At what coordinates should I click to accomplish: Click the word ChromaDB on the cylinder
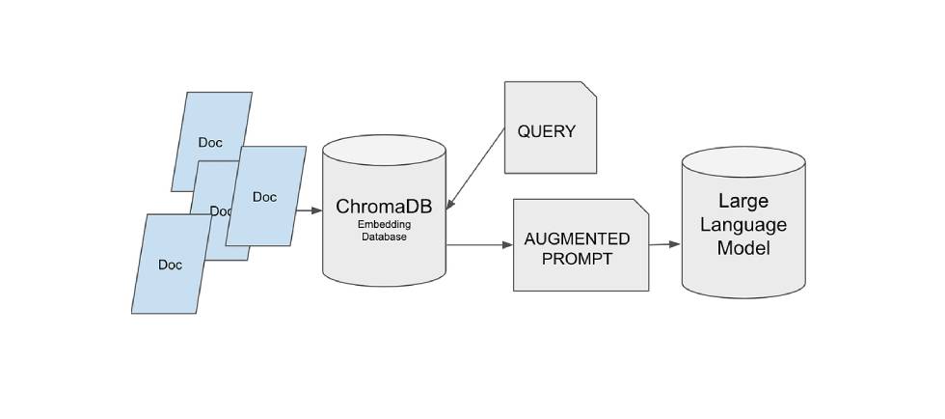click(x=384, y=207)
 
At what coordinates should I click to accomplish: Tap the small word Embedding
click(x=384, y=224)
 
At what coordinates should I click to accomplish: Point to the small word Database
click(x=384, y=237)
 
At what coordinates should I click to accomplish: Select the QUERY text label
click(x=546, y=131)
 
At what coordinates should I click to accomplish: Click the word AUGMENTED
click(x=577, y=238)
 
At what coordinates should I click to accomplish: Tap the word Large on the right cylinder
click(x=742, y=202)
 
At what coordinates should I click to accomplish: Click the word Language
click(x=742, y=225)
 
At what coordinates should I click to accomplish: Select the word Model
click(x=742, y=248)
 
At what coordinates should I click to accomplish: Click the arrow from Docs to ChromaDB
click(x=309, y=209)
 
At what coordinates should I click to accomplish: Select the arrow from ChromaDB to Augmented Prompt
click(x=479, y=245)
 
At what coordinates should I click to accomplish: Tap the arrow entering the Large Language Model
click(x=664, y=244)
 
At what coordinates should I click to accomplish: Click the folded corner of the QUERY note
click(x=588, y=89)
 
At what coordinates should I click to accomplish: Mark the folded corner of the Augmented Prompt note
click(x=640, y=207)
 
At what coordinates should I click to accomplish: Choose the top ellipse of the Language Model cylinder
click(x=742, y=162)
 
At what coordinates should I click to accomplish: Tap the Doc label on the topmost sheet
click(x=210, y=143)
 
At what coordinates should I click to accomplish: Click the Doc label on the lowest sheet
click(x=170, y=265)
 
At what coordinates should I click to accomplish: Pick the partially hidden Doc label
click(x=220, y=211)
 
